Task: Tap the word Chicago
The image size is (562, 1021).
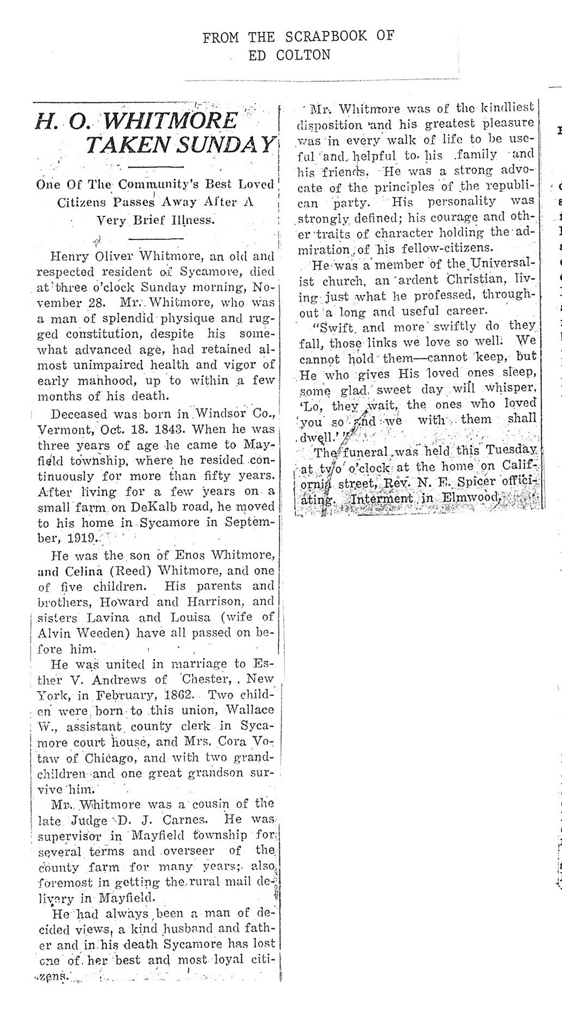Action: click(x=98, y=758)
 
